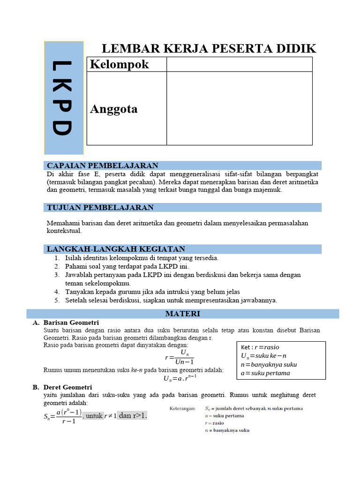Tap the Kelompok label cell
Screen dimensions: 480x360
pyautogui.click(x=119, y=64)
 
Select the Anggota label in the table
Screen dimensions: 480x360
pyautogui.click(x=113, y=109)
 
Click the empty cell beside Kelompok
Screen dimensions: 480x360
pyautogui.click(x=239, y=64)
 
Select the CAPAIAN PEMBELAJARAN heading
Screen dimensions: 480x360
pyautogui.click(x=102, y=165)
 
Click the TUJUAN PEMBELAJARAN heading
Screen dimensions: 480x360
pyautogui.click(x=100, y=207)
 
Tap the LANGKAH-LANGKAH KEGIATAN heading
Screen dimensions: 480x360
pyautogui.click(x=116, y=249)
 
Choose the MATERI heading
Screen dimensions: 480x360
pyautogui.click(x=183, y=314)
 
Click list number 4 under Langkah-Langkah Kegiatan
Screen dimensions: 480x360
pyautogui.click(x=56, y=292)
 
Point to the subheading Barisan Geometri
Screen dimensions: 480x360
pyautogui.click(x=71, y=322)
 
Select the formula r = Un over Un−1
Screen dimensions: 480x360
pyautogui.click(x=180, y=357)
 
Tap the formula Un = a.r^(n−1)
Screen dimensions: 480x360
pyautogui.click(x=180, y=378)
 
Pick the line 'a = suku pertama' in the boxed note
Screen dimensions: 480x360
pyautogui.click(x=265, y=373)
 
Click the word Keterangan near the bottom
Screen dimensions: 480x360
pyautogui.click(x=184, y=408)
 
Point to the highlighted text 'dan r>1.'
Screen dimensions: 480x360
pyautogui.click(x=133, y=415)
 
